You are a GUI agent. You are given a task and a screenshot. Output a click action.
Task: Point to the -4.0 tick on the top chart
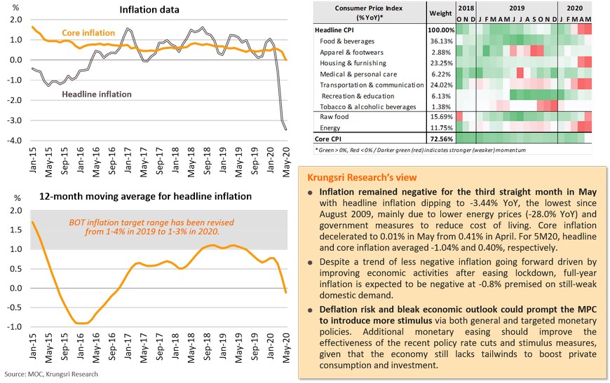point(13,141)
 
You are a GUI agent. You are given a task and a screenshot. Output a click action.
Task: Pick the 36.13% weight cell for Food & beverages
point(441,41)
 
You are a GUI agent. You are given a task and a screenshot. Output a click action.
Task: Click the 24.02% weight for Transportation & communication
point(441,85)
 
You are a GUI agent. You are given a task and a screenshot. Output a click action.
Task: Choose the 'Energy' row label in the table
point(332,128)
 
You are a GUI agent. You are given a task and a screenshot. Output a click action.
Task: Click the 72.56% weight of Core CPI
point(441,139)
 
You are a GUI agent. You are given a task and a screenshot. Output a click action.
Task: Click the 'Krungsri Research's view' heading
point(370,177)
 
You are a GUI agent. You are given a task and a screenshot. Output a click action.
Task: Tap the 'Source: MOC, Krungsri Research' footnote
point(50,375)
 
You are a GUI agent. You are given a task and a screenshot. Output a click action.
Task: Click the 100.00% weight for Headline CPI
point(441,31)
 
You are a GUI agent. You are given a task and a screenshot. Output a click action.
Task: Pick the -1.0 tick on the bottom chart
point(13,327)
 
